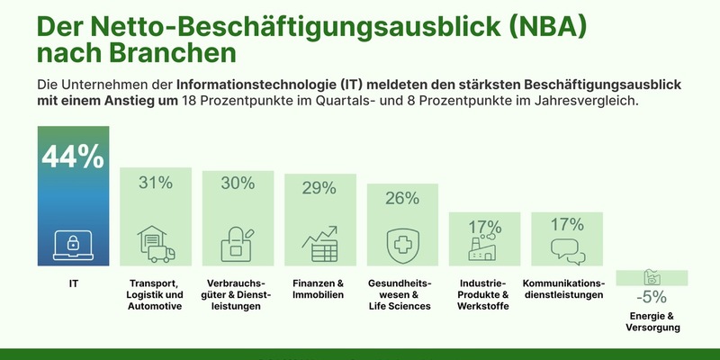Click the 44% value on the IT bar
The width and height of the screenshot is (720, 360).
(x=73, y=157)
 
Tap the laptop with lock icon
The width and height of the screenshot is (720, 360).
(x=73, y=243)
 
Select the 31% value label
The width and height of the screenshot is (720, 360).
(x=155, y=183)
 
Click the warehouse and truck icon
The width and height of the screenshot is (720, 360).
(x=155, y=244)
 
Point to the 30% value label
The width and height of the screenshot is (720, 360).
(x=238, y=183)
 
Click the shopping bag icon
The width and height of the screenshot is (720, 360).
(x=238, y=244)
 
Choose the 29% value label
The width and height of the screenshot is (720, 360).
(x=319, y=188)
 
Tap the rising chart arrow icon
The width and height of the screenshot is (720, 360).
(x=319, y=244)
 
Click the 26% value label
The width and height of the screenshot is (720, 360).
(x=402, y=198)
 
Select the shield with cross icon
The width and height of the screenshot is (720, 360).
(x=402, y=244)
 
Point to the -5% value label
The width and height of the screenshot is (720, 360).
(x=651, y=296)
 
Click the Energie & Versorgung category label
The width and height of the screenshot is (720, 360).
(x=651, y=321)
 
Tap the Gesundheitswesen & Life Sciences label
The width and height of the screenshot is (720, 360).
(x=402, y=294)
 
